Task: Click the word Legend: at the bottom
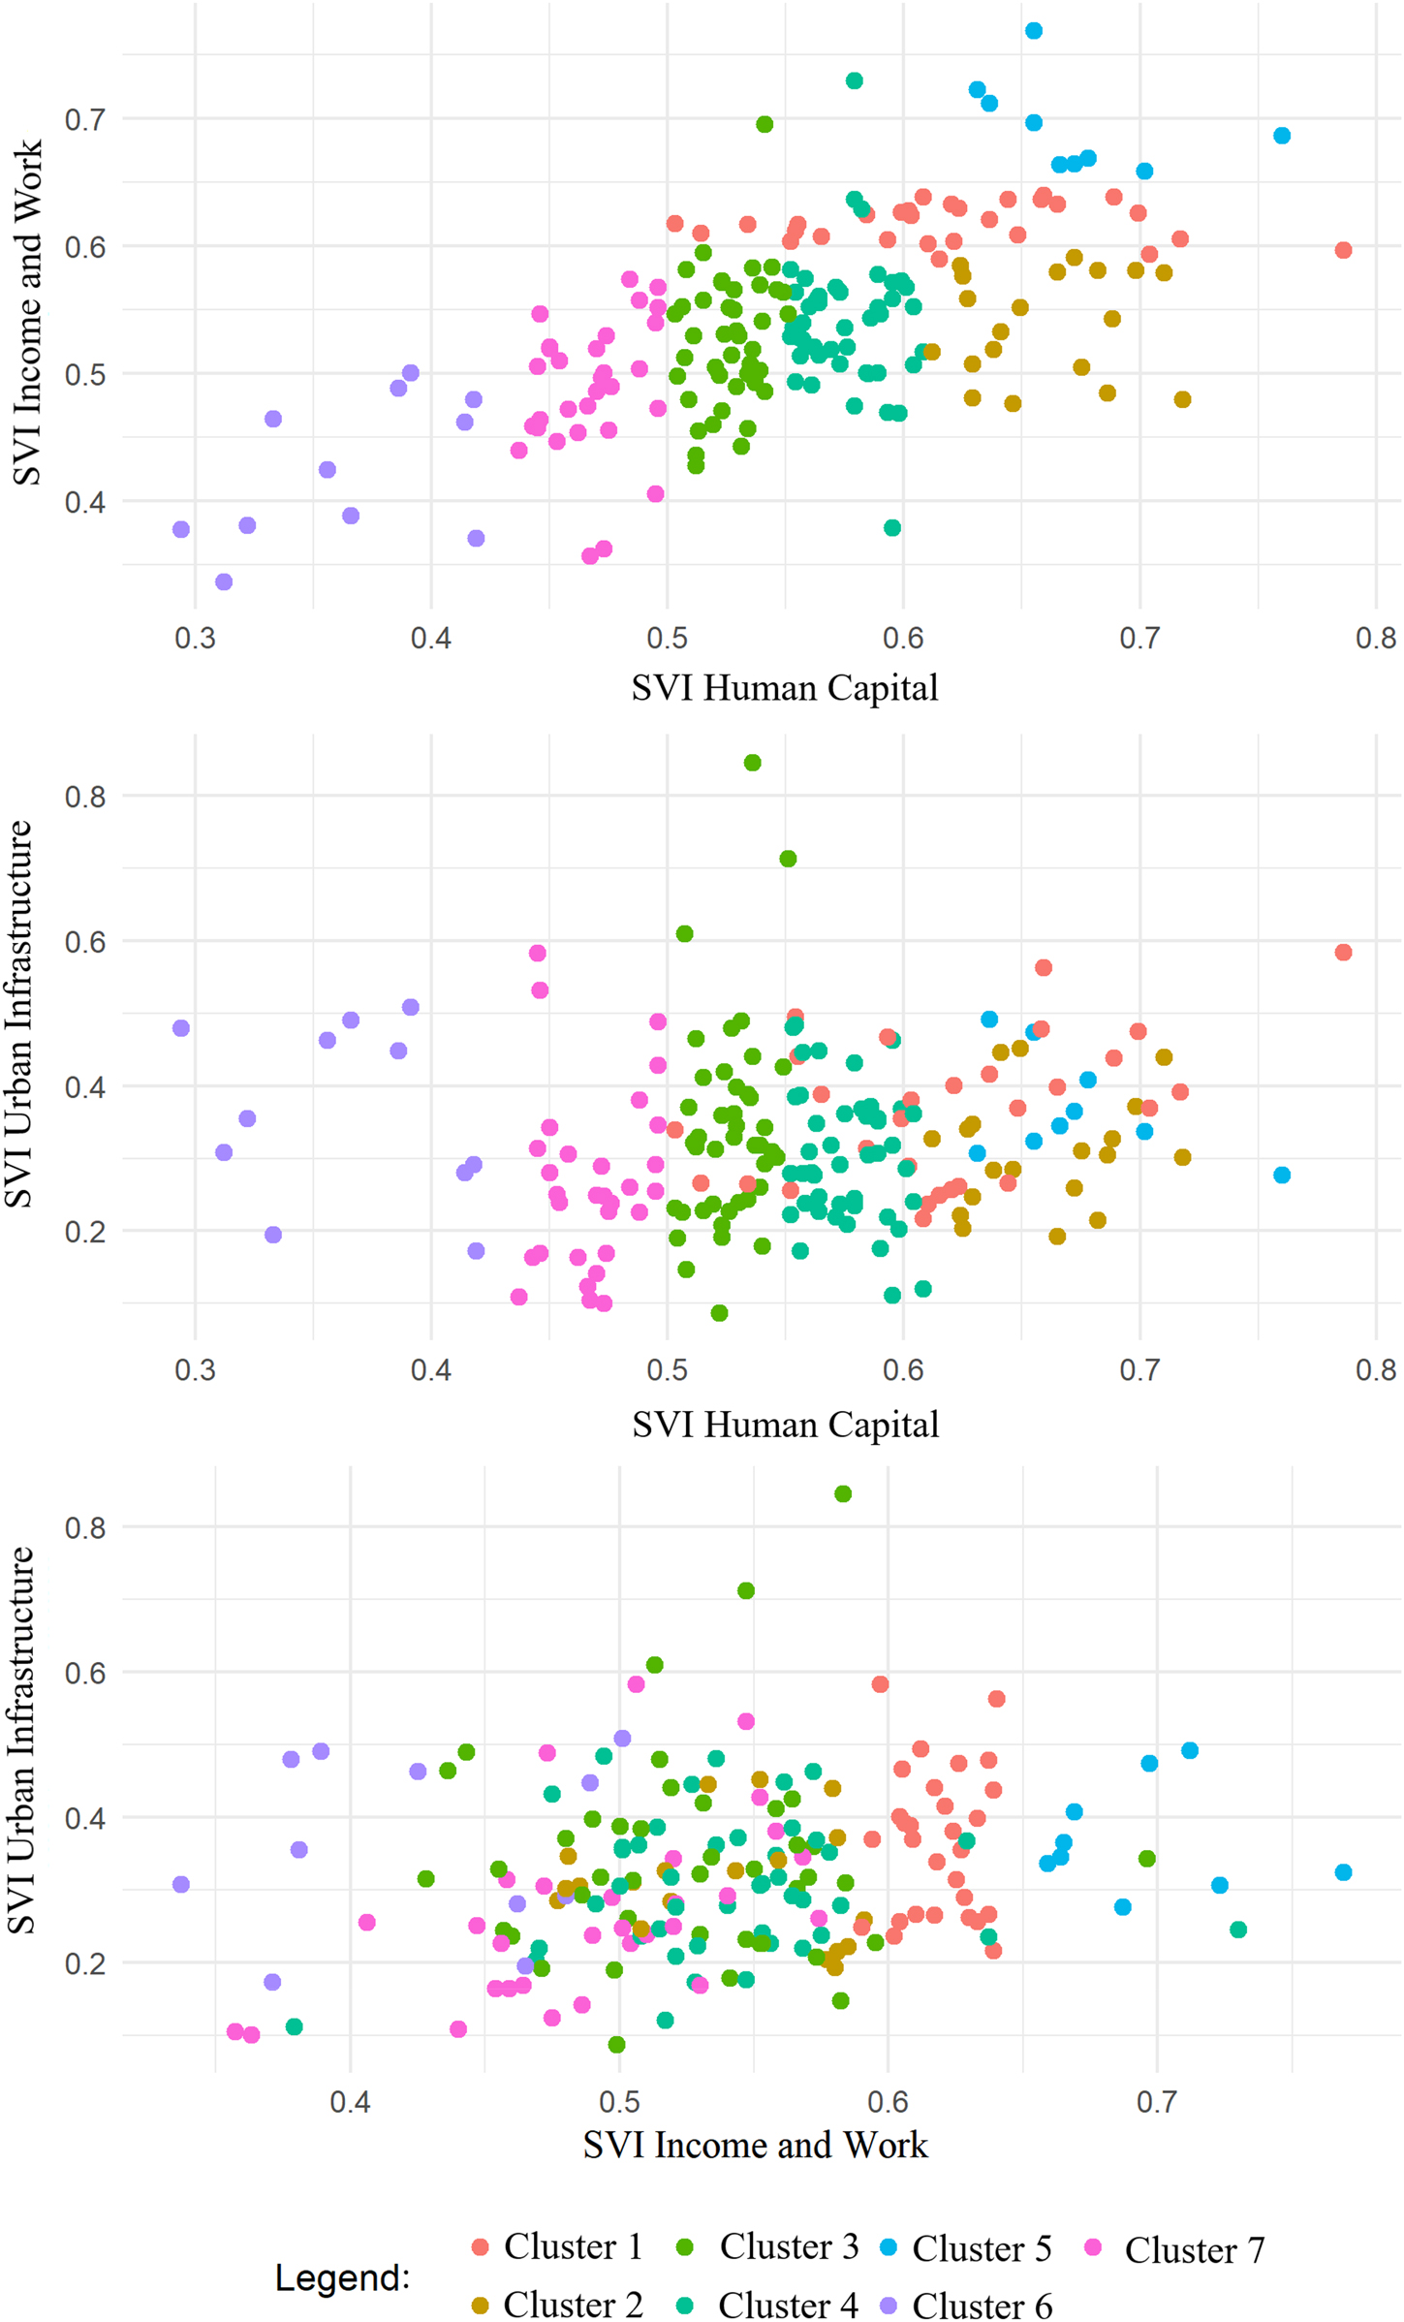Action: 342,2277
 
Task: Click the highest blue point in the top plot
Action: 1034,31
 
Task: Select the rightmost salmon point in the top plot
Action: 1343,250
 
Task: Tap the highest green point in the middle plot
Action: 753,763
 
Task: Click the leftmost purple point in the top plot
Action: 181,529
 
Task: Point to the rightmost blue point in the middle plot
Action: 1282,1175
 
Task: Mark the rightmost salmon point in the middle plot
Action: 1343,953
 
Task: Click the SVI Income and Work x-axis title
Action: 755,2145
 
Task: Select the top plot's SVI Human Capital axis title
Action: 785,687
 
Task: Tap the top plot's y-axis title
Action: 27,312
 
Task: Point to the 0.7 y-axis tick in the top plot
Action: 85,120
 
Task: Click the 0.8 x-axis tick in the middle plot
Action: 1376,1370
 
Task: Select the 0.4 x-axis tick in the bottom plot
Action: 350,2102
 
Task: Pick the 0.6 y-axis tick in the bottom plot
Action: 85,1674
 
